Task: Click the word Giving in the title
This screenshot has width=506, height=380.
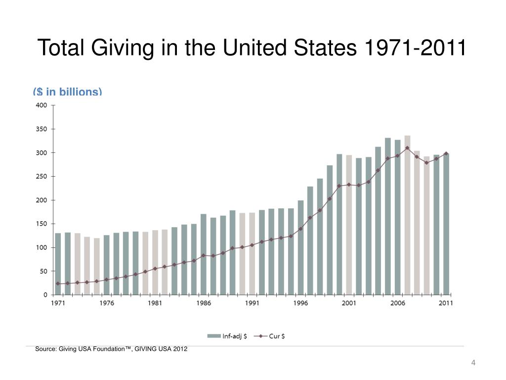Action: click(123, 48)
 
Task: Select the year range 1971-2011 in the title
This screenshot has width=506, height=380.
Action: click(415, 47)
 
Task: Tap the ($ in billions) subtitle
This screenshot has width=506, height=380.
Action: click(67, 92)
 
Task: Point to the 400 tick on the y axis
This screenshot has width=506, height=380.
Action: click(42, 105)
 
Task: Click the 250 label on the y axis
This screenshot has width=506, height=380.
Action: click(42, 177)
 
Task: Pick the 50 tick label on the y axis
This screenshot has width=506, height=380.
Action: click(43, 272)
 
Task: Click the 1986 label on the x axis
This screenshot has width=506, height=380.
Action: click(204, 303)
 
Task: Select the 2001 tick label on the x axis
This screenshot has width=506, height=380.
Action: click(349, 303)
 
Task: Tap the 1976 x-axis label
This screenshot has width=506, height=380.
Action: click(107, 303)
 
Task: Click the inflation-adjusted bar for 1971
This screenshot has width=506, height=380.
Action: click(58, 264)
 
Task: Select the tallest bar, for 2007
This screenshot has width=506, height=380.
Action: click(407, 215)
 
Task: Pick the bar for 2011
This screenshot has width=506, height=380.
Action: click(446, 224)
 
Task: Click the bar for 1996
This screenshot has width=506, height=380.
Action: click(301, 247)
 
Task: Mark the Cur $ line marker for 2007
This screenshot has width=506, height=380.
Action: click(407, 148)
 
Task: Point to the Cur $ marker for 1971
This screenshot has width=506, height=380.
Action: click(58, 284)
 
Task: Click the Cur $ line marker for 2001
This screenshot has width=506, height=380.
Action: click(349, 185)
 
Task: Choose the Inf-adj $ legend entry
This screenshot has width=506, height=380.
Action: click(227, 336)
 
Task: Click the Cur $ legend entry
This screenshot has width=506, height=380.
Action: click(269, 336)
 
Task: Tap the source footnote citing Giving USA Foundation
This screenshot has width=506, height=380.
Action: click(111, 349)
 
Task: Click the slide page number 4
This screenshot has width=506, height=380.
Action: click(473, 363)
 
